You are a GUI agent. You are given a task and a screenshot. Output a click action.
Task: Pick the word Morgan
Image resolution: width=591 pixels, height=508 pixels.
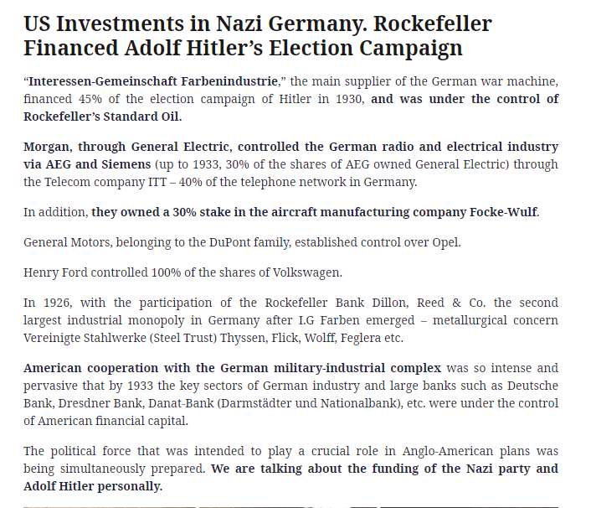[47, 146]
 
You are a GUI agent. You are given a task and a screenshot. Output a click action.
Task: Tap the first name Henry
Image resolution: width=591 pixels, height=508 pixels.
[41, 272]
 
